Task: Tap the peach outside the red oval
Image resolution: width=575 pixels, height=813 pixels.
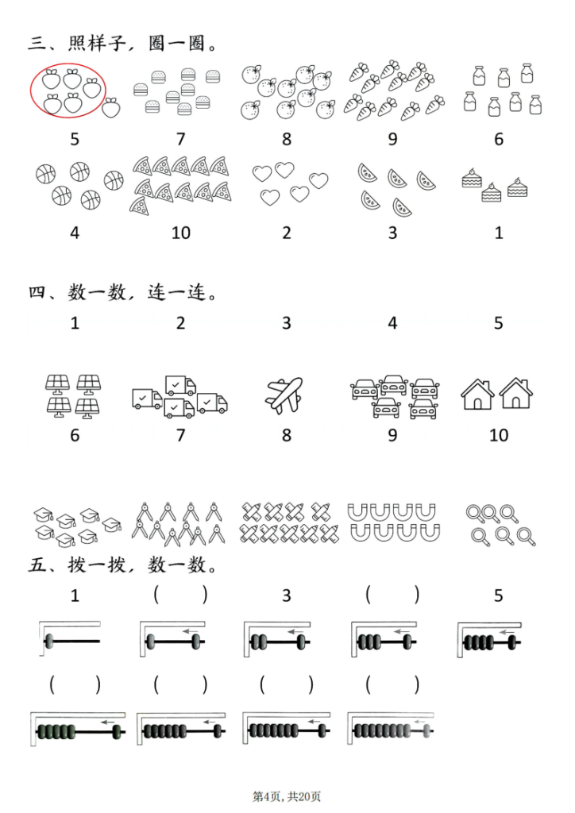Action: (112, 106)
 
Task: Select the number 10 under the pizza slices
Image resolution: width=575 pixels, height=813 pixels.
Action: (180, 233)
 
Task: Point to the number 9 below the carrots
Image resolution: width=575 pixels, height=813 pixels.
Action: (392, 139)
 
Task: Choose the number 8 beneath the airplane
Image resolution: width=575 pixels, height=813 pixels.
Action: (287, 435)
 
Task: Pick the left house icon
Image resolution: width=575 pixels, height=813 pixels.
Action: (478, 394)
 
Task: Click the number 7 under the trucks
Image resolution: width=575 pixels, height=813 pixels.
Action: (180, 435)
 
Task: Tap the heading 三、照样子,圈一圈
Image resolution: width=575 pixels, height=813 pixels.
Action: (123, 44)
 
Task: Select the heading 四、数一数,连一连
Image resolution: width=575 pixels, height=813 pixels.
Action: (123, 293)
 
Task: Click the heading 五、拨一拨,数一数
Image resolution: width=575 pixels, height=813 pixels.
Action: (123, 566)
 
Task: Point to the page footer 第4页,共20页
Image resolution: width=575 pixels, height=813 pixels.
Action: (287, 796)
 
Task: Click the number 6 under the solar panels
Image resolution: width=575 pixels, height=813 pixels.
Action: (75, 435)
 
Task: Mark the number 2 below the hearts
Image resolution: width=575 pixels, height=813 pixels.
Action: (287, 233)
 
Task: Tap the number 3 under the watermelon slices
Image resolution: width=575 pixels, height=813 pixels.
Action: (392, 233)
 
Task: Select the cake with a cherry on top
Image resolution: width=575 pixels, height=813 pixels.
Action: (473, 179)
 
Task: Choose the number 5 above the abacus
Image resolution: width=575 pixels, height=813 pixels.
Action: (499, 595)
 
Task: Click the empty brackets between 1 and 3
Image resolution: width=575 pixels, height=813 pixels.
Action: (180, 595)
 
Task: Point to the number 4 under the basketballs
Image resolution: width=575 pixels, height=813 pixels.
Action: (75, 233)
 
